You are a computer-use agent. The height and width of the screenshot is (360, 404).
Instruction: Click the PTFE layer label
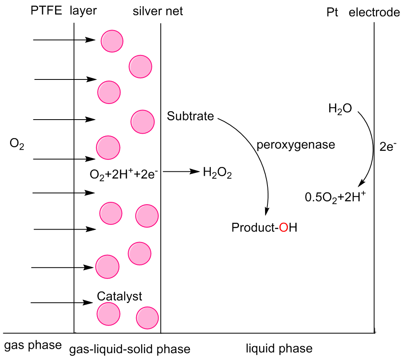click(x=63, y=11)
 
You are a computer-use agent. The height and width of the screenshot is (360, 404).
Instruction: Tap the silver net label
click(x=158, y=11)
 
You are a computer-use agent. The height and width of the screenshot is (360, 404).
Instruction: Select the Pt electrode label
click(x=363, y=13)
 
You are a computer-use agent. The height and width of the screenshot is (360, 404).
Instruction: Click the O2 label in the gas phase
click(x=17, y=144)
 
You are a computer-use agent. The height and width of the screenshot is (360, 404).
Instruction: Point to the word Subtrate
click(x=190, y=117)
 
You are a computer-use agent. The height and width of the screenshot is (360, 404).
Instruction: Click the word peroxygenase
click(x=296, y=144)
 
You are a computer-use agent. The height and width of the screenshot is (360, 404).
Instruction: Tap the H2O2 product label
click(x=217, y=173)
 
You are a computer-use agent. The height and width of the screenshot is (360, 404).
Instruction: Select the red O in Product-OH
click(x=284, y=228)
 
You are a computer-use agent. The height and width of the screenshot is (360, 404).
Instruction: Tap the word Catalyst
click(x=120, y=297)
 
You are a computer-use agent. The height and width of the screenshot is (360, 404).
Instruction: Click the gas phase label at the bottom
click(x=33, y=346)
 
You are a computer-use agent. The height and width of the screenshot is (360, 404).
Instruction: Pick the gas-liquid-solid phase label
click(x=129, y=349)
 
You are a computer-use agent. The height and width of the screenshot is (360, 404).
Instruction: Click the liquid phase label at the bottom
click(x=279, y=348)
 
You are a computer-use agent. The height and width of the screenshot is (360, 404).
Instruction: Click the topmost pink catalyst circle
click(x=112, y=41)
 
